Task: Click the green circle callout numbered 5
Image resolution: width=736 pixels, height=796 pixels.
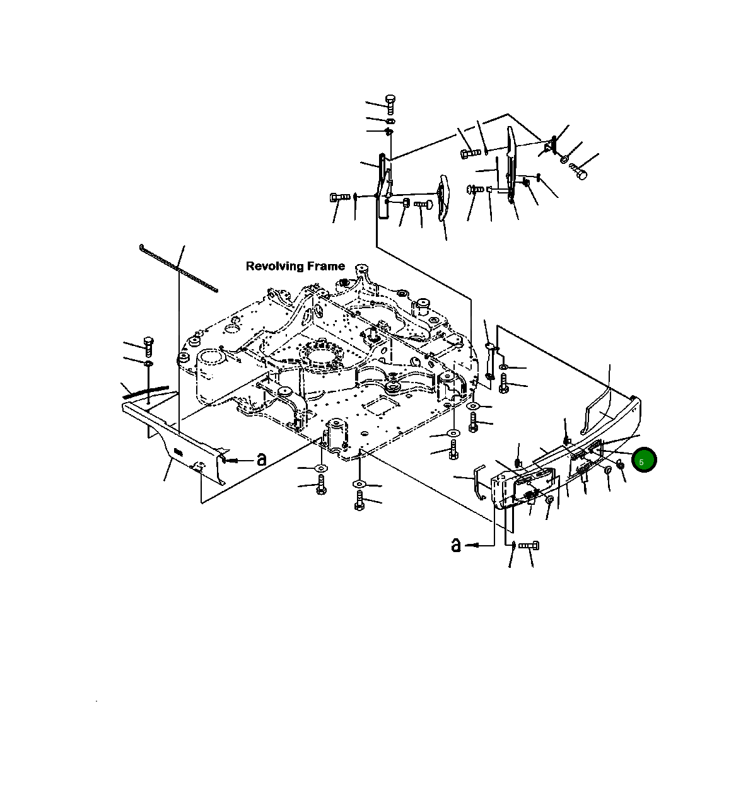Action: pyautogui.click(x=644, y=459)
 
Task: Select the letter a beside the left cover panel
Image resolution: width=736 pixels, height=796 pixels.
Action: pyautogui.click(x=261, y=459)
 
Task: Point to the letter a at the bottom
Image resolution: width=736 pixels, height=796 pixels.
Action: pyautogui.click(x=456, y=545)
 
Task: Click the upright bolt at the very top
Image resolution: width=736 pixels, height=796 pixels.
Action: pyautogui.click(x=390, y=104)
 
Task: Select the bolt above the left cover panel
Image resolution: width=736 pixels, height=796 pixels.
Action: pyautogui.click(x=149, y=347)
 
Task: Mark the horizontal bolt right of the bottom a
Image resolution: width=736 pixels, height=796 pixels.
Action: pyautogui.click(x=529, y=545)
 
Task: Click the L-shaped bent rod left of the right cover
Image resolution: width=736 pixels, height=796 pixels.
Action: pyautogui.click(x=479, y=481)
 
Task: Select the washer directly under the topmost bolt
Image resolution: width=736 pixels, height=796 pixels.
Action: pyautogui.click(x=390, y=120)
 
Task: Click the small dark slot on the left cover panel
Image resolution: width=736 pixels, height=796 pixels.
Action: pyautogui.click(x=178, y=451)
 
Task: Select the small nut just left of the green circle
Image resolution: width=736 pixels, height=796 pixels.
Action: pyautogui.click(x=620, y=464)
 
